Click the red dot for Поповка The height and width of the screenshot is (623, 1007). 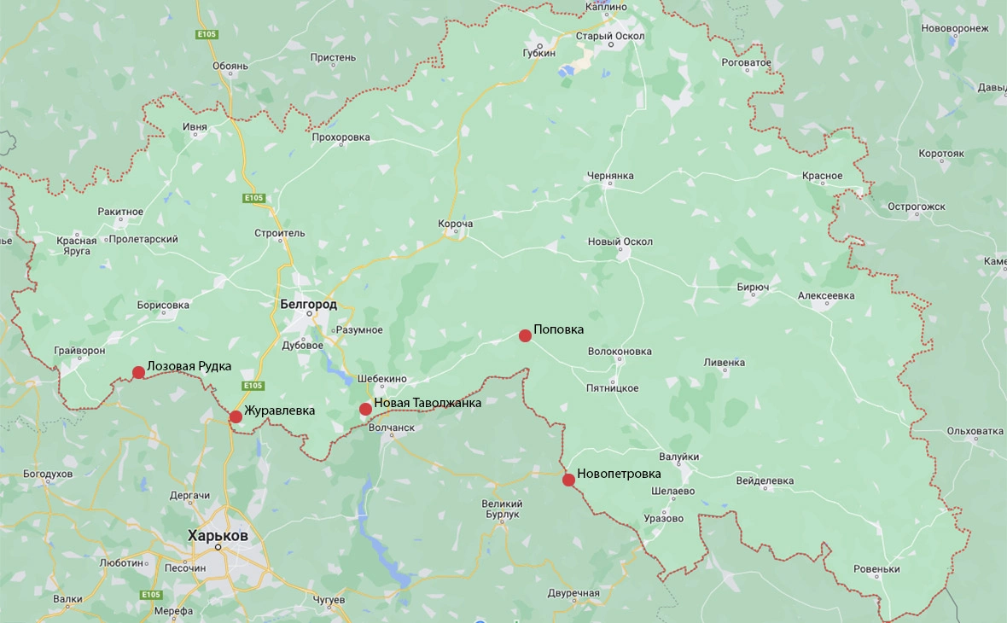coord(526,335)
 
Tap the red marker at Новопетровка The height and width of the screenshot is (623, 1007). coord(568,480)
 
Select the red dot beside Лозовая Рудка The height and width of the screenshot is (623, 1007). coord(138,372)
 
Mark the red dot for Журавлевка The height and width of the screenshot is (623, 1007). coord(236,416)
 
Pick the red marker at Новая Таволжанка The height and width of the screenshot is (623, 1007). coord(365,409)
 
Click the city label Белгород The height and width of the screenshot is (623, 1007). coord(308,304)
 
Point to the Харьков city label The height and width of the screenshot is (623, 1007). coord(218,536)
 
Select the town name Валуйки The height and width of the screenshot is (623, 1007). coord(678,457)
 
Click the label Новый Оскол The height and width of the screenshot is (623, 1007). coord(620,242)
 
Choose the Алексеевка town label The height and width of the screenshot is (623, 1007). coord(825,296)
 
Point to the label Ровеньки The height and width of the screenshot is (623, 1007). coord(876,569)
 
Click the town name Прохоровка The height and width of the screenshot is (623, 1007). coord(341,137)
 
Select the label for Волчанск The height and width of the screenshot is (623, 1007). coord(391,428)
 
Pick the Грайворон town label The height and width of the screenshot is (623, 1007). coord(79,350)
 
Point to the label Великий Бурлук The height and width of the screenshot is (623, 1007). coord(501,509)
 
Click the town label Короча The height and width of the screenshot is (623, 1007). coord(455,224)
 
